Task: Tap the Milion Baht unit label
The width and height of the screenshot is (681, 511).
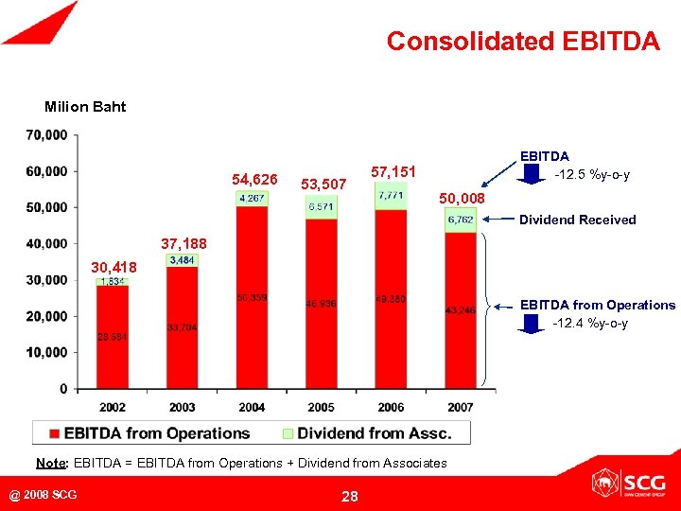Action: point(85,106)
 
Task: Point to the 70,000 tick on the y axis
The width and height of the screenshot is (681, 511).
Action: point(46,135)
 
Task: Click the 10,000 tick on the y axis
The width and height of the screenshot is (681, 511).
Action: point(46,352)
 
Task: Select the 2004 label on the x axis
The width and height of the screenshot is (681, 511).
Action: point(252,407)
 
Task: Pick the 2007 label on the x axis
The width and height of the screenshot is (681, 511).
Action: point(460,407)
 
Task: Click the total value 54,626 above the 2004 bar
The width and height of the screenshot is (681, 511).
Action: point(254,179)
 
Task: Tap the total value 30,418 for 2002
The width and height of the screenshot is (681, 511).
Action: point(113,268)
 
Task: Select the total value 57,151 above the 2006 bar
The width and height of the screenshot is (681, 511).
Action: point(393,173)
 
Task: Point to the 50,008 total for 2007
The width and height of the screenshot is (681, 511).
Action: point(462,199)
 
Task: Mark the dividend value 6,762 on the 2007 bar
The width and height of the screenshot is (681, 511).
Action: point(461,220)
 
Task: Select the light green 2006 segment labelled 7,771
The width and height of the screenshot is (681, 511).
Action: point(391,195)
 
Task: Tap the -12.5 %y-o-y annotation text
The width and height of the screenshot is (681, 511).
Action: point(592,175)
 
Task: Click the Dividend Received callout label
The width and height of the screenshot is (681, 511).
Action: point(577,220)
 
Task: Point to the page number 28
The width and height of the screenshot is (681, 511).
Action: point(349,496)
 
